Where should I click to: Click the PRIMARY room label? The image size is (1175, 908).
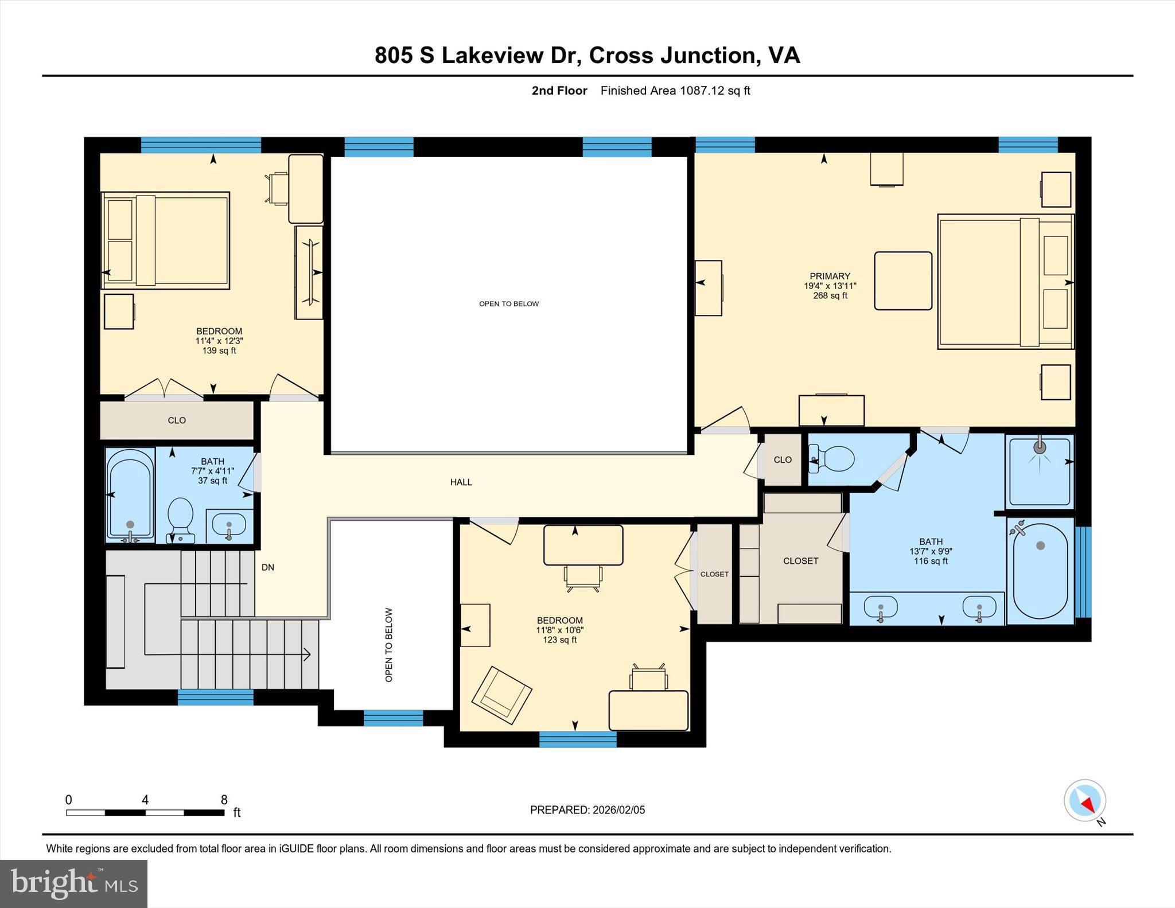pyautogui.click(x=830, y=276)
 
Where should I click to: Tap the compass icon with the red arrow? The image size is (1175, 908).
pyautogui.click(x=1084, y=800)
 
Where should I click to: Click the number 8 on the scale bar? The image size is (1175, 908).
pyautogui.click(x=224, y=800)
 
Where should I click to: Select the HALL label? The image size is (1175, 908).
pyautogui.click(x=461, y=482)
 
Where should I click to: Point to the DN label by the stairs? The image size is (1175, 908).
pyautogui.click(x=267, y=567)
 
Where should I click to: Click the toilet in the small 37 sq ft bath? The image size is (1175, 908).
pyautogui.click(x=181, y=516)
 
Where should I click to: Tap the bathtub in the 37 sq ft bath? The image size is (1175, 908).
pyautogui.click(x=130, y=494)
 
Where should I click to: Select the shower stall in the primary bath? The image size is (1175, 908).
pyautogui.click(x=1039, y=471)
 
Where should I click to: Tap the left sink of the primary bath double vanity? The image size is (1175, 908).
pyautogui.click(x=880, y=609)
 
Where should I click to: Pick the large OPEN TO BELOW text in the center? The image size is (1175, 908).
pyautogui.click(x=509, y=304)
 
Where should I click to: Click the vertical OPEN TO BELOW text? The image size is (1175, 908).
pyautogui.click(x=389, y=645)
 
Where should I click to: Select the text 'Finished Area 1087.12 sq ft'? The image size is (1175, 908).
pyautogui.click(x=675, y=91)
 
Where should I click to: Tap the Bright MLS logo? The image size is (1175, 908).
pyautogui.click(x=73, y=883)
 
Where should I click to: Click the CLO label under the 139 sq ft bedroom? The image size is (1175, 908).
pyautogui.click(x=177, y=420)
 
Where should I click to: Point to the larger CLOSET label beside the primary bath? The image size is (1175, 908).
pyautogui.click(x=800, y=561)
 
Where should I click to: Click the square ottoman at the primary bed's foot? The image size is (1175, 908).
pyautogui.click(x=902, y=281)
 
